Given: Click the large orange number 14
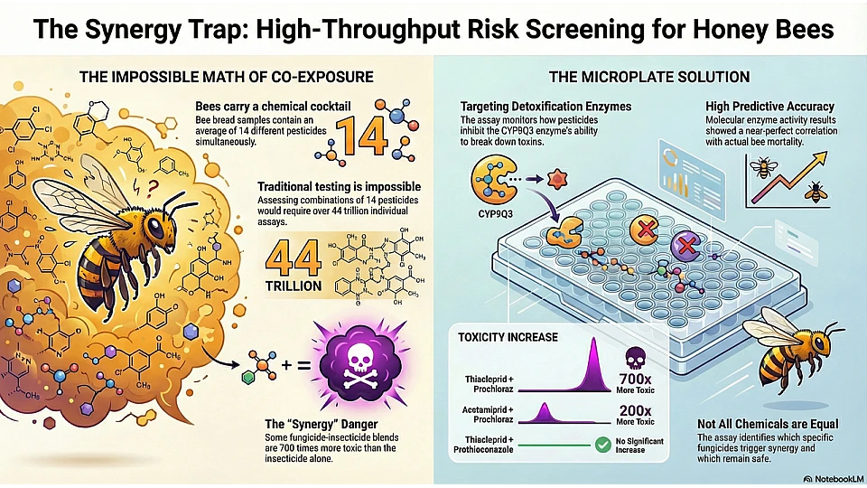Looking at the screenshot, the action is [361, 136].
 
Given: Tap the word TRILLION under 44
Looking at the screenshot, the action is [293, 286].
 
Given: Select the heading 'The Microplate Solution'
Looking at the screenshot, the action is [649, 76].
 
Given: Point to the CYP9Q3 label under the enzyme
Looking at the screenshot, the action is [496, 211].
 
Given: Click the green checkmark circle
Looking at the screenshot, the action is [602, 445].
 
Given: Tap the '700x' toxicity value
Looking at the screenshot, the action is [635, 379].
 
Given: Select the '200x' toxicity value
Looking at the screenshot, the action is [635, 410].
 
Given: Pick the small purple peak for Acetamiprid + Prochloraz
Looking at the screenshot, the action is [544, 414].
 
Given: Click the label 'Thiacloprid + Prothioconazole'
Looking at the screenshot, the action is [484, 445].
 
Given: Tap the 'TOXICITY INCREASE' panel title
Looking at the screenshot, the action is [508, 337].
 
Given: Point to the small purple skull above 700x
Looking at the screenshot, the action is [635, 359].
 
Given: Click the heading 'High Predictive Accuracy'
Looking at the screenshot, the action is [769, 107].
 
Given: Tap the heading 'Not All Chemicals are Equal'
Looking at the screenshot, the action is [768, 424].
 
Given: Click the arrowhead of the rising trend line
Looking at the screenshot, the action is [820, 159].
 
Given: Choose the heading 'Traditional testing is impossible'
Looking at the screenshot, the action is [339, 186].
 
